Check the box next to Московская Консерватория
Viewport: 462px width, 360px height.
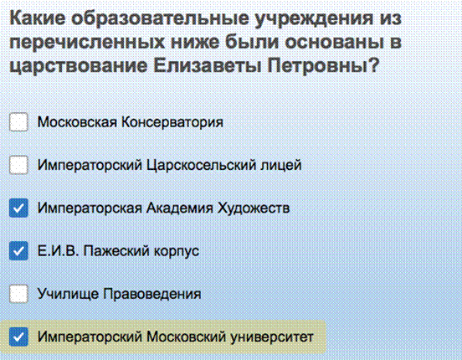click(x=18, y=121)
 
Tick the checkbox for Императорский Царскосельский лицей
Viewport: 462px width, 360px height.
click(x=18, y=165)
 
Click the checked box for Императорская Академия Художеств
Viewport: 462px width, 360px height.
click(x=18, y=208)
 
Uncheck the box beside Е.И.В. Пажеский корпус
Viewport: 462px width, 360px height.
click(x=18, y=251)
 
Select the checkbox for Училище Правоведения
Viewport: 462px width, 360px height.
click(x=18, y=294)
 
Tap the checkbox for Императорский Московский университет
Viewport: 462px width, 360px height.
click(x=18, y=337)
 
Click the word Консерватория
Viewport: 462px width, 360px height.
click(x=172, y=122)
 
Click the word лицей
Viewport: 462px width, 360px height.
click(x=280, y=166)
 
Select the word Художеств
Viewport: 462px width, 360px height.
click(x=254, y=208)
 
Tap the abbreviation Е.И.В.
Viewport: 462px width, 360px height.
click(x=58, y=251)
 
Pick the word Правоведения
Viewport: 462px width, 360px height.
click(x=152, y=294)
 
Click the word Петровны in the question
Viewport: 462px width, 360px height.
click(x=322, y=65)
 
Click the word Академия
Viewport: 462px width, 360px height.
click(x=179, y=208)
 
